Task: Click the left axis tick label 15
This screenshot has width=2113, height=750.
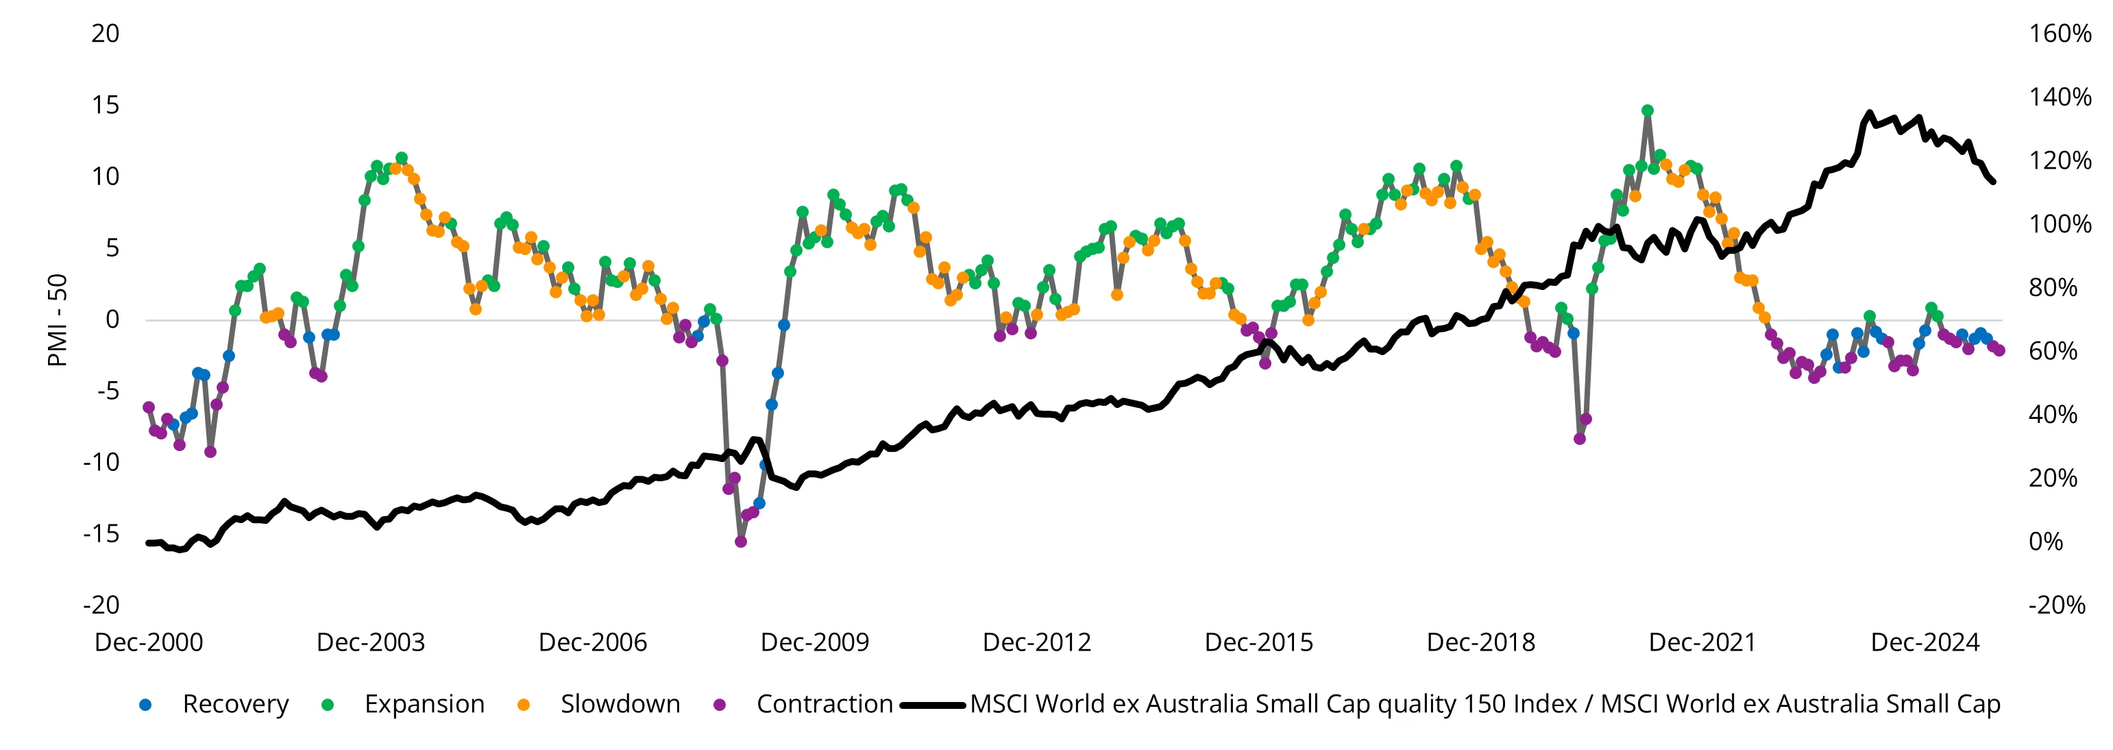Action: click(105, 105)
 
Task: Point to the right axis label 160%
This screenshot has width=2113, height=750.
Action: click(2060, 34)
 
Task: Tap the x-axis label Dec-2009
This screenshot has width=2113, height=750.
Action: click(814, 642)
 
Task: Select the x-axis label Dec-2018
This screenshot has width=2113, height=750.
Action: click(1480, 642)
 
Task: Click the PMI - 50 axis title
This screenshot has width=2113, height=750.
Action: click(58, 320)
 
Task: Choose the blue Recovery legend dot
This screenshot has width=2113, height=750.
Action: click(146, 705)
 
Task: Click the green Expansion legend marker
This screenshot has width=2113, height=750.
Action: click(328, 705)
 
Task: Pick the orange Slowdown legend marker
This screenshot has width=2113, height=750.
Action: click(524, 705)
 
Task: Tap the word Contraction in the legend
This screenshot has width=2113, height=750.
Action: click(825, 704)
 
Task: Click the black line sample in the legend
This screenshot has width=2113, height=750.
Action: click(932, 705)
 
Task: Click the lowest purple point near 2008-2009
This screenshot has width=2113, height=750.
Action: click(741, 542)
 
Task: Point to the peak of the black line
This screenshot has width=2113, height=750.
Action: click(1870, 114)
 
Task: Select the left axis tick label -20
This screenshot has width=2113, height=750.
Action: click(101, 605)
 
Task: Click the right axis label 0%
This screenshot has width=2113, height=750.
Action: click(2046, 542)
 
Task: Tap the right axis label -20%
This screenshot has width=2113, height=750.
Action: click(2056, 605)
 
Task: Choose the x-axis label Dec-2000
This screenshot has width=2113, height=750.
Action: click(149, 642)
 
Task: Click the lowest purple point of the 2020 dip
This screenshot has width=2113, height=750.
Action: click(1580, 439)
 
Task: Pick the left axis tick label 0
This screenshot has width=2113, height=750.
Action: click(112, 320)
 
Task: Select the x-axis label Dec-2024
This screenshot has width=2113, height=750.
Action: click(1925, 642)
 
